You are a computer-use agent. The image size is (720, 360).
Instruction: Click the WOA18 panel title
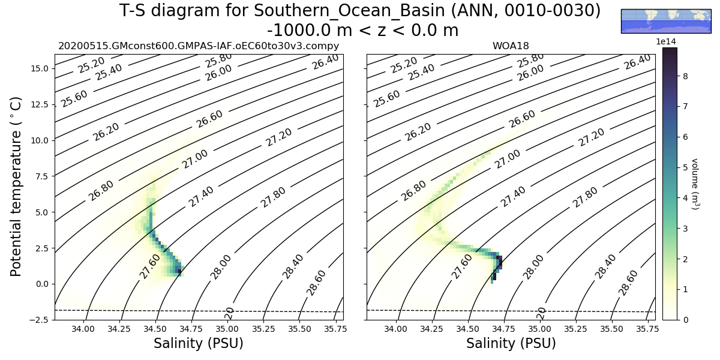(511, 46)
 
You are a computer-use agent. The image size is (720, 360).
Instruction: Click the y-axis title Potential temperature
(17, 187)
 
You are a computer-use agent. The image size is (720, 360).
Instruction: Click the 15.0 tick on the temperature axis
(40, 69)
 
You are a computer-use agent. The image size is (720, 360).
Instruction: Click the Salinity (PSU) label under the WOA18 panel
(511, 344)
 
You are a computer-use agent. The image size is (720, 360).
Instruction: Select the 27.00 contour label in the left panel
(195, 159)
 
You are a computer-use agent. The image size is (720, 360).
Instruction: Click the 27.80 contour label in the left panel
(273, 197)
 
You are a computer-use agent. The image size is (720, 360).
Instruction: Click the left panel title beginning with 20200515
(199, 46)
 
